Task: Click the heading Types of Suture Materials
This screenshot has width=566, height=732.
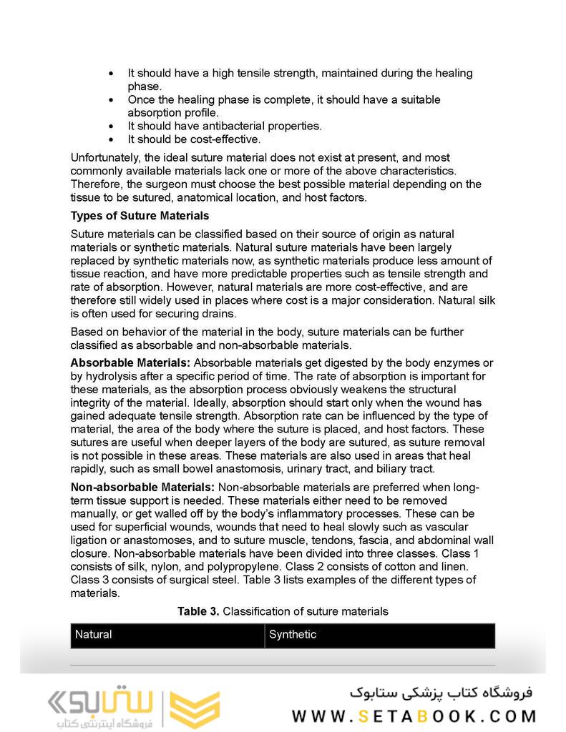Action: (140, 215)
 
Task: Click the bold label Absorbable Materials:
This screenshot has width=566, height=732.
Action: (130, 363)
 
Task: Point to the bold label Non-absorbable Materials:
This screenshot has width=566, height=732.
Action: (142, 488)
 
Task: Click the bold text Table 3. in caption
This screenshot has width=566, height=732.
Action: (198, 611)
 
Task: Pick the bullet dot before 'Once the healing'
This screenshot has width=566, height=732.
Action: (110, 99)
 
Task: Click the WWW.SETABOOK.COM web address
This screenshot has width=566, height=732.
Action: (414, 716)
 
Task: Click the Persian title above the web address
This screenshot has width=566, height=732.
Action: (441, 692)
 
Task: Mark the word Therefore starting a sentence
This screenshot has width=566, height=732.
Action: (99, 184)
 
